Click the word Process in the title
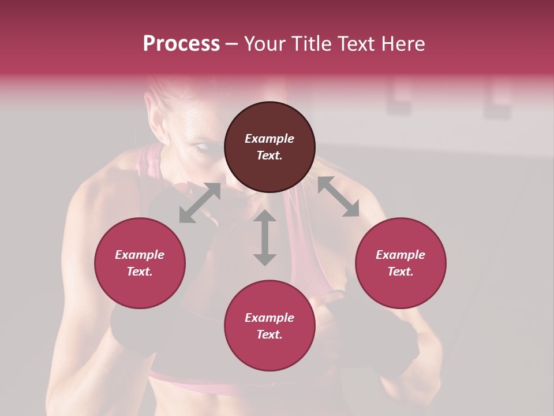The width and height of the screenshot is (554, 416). [x=181, y=44]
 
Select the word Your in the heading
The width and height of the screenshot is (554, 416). [x=263, y=44]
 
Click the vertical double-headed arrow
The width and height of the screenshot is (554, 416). [x=265, y=237]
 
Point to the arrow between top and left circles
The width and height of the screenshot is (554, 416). [x=200, y=203]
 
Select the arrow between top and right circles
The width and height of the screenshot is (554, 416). [x=338, y=197]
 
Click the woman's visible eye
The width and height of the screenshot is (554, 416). [x=203, y=147]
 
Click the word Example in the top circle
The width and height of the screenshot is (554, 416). [x=269, y=139]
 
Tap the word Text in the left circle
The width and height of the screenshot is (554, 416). [x=140, y=272]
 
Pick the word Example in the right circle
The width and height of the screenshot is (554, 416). [x=400, y=255]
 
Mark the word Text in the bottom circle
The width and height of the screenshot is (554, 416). [x=269, y=335]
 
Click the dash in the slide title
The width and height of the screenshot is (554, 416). [x=231, y=44]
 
